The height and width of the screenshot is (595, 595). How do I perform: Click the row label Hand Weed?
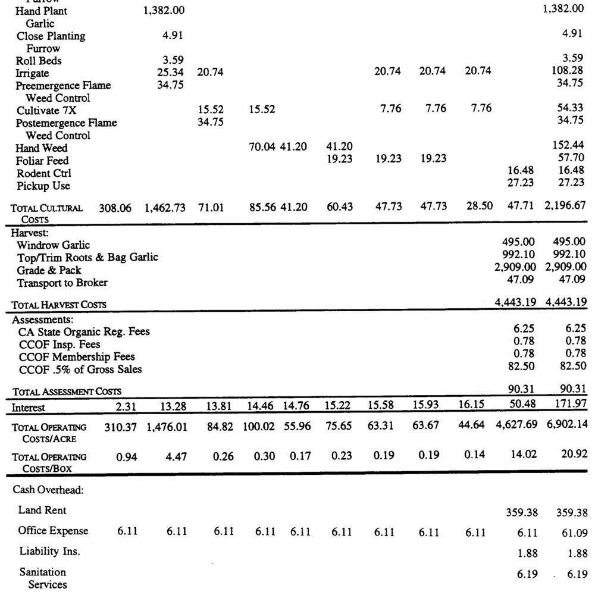pyautogui.click(x=41, y=148)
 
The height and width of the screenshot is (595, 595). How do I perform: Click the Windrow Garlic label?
pyautogui.click(x=54, y=245)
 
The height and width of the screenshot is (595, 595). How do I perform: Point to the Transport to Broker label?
pyautogui.click(x=62, y=283)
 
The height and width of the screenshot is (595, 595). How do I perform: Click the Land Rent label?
pyautogui.click(x=42, y=510)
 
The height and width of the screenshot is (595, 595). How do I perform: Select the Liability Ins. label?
pyautogui.click(x=49, y=552)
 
